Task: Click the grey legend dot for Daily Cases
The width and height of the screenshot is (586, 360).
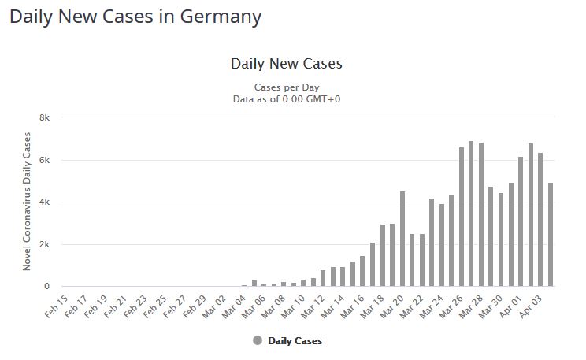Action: tap(258, 340)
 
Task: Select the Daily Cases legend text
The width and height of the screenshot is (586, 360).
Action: tap(295, 341)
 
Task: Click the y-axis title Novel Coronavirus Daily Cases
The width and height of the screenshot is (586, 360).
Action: tap(27, 202)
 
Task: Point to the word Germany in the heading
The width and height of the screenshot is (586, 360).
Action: tap(217, 16)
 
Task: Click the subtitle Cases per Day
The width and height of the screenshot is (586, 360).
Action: tap(286, 87)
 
